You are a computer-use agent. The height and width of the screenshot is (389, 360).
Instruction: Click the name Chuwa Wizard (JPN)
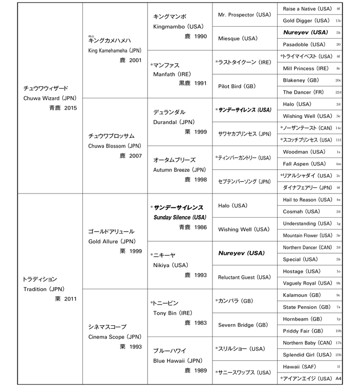pos(46,98)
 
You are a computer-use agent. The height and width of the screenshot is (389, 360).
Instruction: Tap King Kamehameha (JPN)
pos(115,50)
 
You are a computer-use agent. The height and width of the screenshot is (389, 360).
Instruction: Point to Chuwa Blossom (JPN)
pos(112,146)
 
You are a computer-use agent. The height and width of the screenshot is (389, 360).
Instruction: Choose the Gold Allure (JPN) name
pos(111,241)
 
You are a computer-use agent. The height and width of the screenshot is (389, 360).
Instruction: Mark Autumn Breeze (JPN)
pos(179,169)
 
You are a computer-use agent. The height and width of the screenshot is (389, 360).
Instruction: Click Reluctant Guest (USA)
pos(244,277)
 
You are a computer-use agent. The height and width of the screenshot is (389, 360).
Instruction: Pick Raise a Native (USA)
pos(307,9)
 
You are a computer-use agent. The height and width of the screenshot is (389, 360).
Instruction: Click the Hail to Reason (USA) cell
pos(308,200)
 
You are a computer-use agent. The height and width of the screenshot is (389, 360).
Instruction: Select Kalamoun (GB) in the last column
pos(303,295)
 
